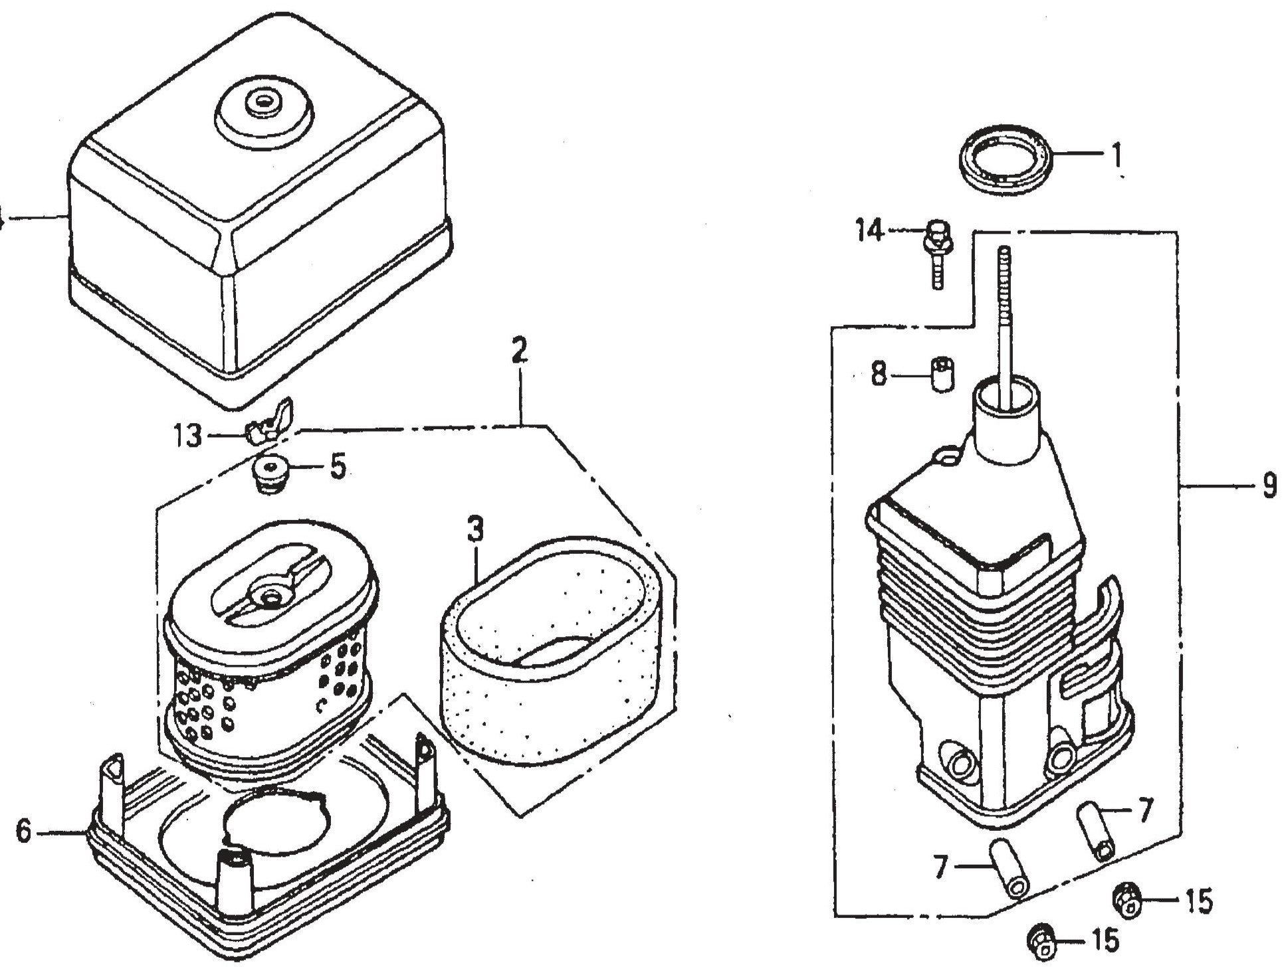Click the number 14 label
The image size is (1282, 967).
(870, 231)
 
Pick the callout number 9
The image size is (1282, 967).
(1269, 486)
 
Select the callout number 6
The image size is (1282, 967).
(25, 831)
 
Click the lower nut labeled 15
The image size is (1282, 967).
(1041, 940)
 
